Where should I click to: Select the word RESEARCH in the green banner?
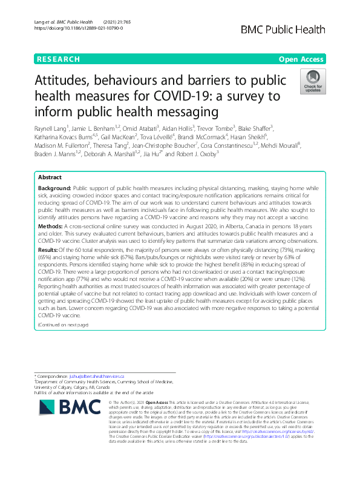[x=58, y=59]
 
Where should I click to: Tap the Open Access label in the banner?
[x=301, y=59]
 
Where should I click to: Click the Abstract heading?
[x=50, y=161]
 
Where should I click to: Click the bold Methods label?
[x=51, y=207]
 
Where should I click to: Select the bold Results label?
[x=48, y=232]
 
